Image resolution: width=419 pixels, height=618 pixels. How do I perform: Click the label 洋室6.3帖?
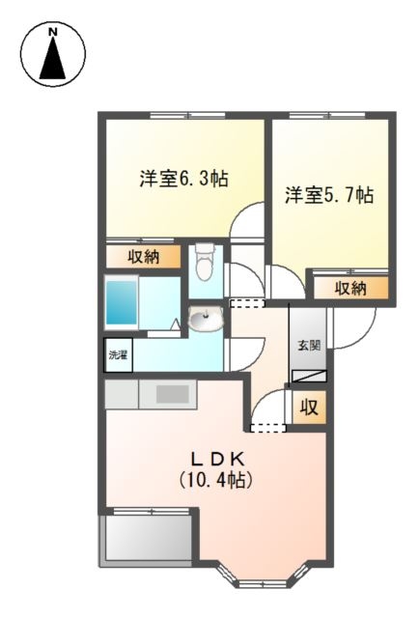click(183, 180)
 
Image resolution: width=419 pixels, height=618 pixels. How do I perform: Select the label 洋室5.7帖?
click(329, 196)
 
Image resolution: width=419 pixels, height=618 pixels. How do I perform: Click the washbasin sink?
click(205, 318)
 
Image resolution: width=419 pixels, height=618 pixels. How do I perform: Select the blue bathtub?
click(123, 300)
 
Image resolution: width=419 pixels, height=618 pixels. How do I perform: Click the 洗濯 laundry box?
click(117, 354)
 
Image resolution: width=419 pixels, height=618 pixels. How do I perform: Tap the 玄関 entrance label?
click(309, 345)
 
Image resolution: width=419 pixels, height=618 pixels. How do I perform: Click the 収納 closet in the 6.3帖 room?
click(143, 257)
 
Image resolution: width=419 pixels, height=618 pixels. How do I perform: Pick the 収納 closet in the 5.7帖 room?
click(350, 288)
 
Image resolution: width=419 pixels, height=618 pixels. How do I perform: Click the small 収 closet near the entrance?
click(309, 407)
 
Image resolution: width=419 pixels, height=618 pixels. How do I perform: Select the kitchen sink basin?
click(172, 393)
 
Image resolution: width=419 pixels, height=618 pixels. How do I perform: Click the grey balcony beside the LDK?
click(147, 538)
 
